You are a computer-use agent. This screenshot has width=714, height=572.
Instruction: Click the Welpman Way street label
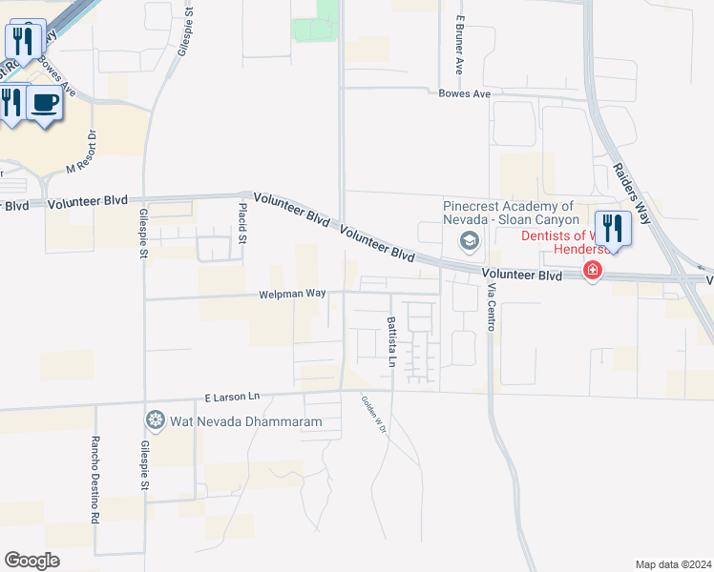(x=293, y=295)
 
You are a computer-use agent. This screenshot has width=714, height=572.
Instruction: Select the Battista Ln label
(x=391, y=342)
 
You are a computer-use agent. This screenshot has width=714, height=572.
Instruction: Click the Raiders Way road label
(x=633, y=191)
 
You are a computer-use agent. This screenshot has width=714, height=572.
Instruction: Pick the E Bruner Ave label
(x=459, y=45)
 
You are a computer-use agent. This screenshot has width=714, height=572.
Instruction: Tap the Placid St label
(x=242, y=221)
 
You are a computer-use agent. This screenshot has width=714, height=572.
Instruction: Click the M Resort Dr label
(x=83, y=153)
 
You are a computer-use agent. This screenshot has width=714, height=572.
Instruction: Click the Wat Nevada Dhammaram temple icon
(x=155, y=419)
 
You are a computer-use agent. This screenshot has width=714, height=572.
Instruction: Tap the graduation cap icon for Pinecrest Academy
(x=469, y=240)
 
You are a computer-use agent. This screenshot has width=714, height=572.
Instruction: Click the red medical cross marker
(x=593, y=272)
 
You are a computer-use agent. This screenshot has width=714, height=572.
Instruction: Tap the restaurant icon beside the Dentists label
(x=612, y=230)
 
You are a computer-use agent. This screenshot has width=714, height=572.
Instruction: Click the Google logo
(x=31, y=561)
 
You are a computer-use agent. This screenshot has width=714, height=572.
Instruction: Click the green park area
(x=316, y=30)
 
